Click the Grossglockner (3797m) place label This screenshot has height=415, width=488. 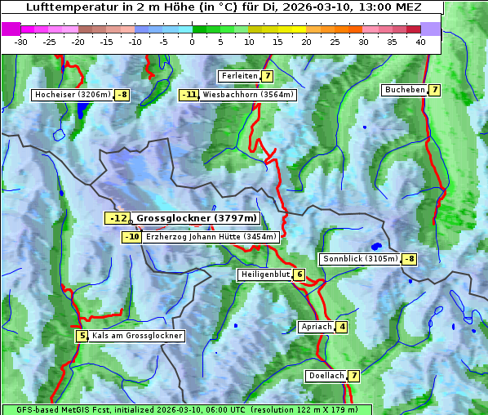pyautogui.click(x=197, y=218)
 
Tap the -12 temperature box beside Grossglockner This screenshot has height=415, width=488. pyautogui.click(x=118, y=218)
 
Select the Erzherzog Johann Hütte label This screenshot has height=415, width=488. pyautogui.click(x=211, y=237)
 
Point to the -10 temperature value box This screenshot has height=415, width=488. pyautogui.click(x=131, y=237)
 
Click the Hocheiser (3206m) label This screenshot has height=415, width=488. pyautogui.click(x=72, y=95)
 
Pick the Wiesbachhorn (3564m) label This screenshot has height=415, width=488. pyautogui.click(x=248, y=95)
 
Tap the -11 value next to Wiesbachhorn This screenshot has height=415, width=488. pyautogui.click(x=189, y=95)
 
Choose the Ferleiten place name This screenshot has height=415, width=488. pyautogui.click(x=239, y=76)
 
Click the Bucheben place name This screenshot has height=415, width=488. pyautogui.click(x=405, y=90)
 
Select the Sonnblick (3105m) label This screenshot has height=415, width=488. pyautogui.click(x=360, y=259)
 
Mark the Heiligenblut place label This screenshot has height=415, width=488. pyautogui.click(x=264, y=274)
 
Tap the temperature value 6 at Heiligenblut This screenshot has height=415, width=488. pyautogui.click(x=299, y=274)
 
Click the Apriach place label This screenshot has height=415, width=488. pyautogui.click(x=316, y=327)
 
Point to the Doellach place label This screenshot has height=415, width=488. pyautogui.click(x=326, y=376)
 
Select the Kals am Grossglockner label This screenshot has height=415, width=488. pyautogui.click(x=136, y=336)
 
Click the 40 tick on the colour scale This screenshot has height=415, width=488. pyautogui.click(x=420, y=42)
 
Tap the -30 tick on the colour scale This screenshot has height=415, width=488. pyautogui.click(x=21, y=42)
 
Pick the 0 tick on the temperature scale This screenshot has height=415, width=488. pyautogui.click(x=192, y=42)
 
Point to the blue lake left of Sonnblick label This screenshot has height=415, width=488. pyautogui.click(x=376, y=246)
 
